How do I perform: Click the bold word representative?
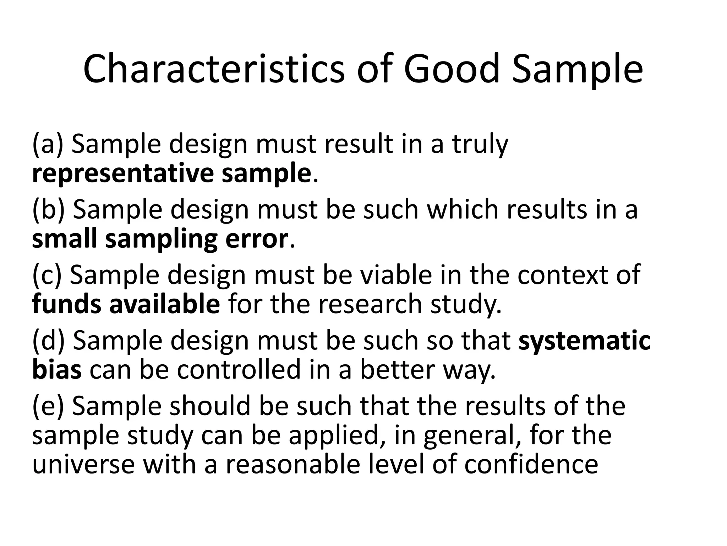[123, 174]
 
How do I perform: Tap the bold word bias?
[57, 370]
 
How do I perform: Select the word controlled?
[239, 370]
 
